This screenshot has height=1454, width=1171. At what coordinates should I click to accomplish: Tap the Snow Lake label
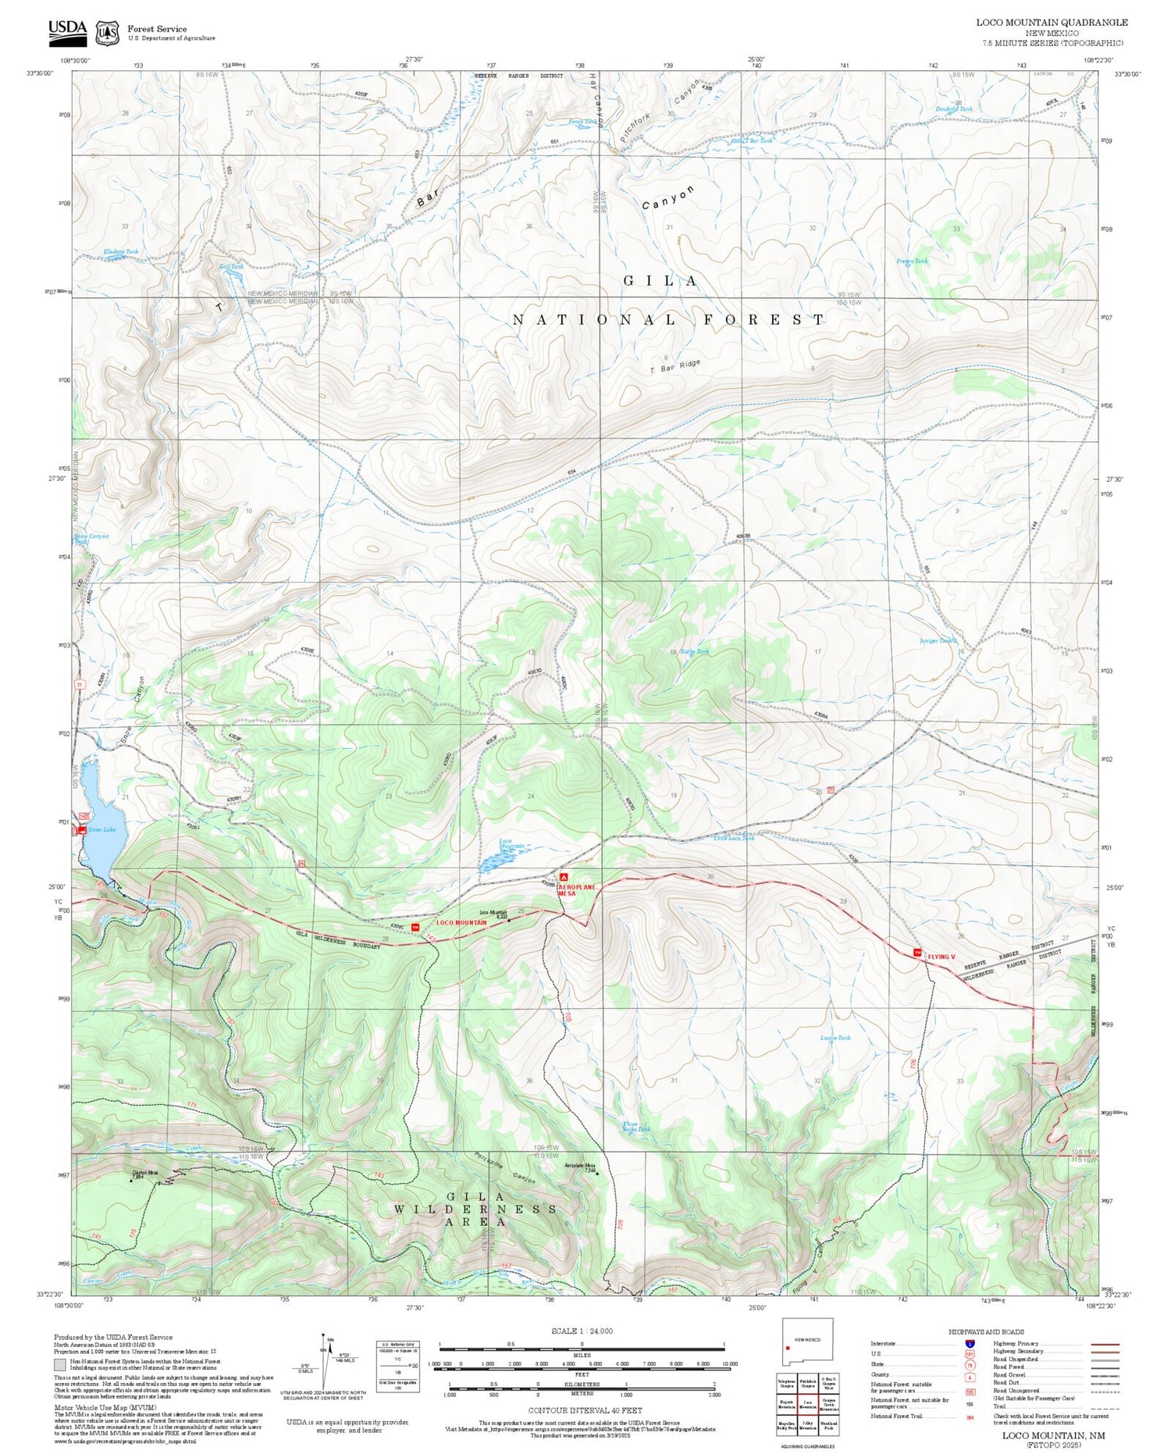[x=102, y=829]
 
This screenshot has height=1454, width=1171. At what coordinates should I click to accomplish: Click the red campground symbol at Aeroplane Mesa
[x=562, y=877]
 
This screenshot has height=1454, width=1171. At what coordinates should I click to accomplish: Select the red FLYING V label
[x=941, y=957]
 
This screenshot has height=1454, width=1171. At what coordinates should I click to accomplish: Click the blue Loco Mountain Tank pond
[x=493, y=862]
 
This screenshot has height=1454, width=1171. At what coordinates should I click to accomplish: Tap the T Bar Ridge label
[x=675, y=365]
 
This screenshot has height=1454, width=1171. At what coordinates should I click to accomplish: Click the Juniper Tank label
[x=936, y=640]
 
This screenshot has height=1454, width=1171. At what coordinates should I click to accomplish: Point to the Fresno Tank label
[x=912, y=261]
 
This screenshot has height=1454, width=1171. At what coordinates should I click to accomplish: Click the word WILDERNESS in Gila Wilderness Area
[x=475, y=1210]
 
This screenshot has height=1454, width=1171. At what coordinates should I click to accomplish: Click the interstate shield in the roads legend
[x=970, y=1343]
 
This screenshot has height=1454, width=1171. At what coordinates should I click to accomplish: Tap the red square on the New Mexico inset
[x=788, y=1346]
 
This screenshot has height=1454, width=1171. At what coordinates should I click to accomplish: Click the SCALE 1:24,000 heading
[x=582, y=1331]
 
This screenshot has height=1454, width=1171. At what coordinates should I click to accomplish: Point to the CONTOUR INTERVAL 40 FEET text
[x=585, y=1410]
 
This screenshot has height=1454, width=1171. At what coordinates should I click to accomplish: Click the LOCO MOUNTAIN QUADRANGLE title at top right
[x=1052, y=22]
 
